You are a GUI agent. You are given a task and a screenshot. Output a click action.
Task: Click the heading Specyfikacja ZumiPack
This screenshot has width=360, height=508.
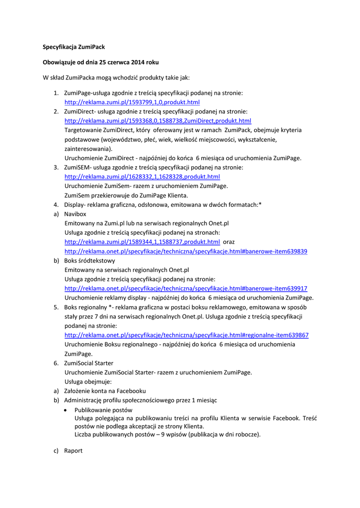[73, 47]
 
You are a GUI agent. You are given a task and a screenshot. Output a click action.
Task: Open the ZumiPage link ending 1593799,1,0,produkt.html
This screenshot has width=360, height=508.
[132, 102]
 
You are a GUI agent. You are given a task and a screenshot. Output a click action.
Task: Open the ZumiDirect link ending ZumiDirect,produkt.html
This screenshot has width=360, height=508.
[158, 121]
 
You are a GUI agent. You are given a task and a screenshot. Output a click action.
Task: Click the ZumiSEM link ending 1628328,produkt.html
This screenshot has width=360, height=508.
[142, 177]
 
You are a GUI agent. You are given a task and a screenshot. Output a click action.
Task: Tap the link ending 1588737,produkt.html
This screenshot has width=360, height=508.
[142, 242]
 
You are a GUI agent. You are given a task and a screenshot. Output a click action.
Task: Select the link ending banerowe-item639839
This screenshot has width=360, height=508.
[186, 252]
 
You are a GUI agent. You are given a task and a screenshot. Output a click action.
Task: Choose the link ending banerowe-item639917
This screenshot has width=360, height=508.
[186, 289]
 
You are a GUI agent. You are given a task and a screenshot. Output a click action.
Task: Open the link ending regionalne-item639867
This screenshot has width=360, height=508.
[186, 335]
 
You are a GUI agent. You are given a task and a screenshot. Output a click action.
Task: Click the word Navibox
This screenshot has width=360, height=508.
[75, 214]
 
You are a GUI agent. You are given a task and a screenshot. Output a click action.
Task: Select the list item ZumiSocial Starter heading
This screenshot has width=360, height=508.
[88, 363]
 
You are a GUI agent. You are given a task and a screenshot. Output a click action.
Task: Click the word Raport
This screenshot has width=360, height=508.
[73, 451]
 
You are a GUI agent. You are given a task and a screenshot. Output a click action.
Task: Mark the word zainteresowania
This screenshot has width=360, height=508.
[88, 148]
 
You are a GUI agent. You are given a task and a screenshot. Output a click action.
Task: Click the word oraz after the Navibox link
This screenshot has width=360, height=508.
[229, 242]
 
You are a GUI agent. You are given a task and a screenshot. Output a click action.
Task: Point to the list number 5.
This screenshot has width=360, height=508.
[56, 307]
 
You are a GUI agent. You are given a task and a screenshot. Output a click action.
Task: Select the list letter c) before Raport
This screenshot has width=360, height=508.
[56, 451]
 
